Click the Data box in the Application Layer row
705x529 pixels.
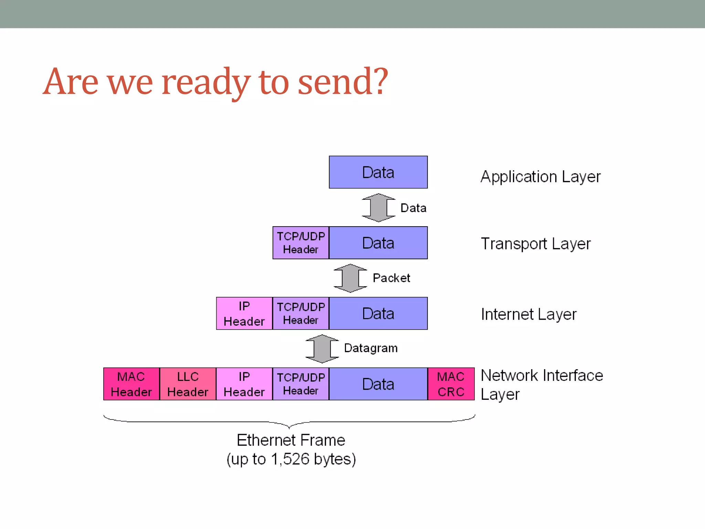click(x=378, y=172)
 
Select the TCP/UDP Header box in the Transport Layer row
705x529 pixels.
click(x=301, y=243)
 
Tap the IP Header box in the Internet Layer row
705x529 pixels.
click(x=244, y=313)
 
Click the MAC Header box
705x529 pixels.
click(x=131, y=384)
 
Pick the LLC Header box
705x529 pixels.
click(x=188, y=384)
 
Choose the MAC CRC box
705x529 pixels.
click(x=451, y=384)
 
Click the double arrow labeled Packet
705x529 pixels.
click(x=350, y=278)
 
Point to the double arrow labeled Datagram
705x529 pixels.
click(x=322, y=349)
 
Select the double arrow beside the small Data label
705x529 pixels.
click(x=378, y=208)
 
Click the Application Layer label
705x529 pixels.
click(x=540, y=177)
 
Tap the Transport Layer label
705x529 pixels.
click(x=536, y=244)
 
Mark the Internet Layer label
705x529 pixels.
click(x=528, y=314)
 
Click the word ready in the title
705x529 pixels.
click(x=206, y=83)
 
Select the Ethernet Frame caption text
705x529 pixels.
click(x=291, y=440)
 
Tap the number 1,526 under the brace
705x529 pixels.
click(x=290, y=459)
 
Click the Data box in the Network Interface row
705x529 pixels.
click(x=378, y=384)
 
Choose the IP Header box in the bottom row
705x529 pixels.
click(x=244, y=384)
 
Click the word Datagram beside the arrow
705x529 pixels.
click(x=371, y=348)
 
